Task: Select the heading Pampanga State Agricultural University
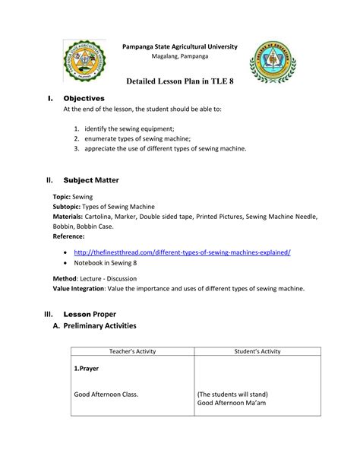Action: pos(180,47)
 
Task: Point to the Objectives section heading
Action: pos(84,98)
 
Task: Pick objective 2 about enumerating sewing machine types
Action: pos(147,139)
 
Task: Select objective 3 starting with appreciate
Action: pos(165,149)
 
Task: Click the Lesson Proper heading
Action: pos(90,313)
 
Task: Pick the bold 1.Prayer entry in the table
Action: pos(86,369)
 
